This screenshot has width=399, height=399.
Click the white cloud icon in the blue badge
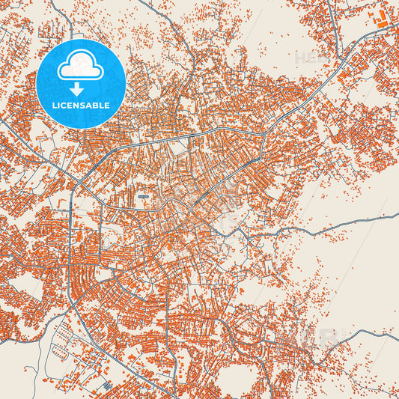pyautogui.click(x=80, y=67)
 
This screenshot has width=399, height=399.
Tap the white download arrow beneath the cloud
pyautogui.click(x=80, y=88)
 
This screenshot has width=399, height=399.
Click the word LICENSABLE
pyautogui.click(x=80, y=105)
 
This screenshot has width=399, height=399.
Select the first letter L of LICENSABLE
pyautogui.click(x=55, y=105)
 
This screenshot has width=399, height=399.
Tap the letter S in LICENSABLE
pyautogui.click(x=84, y=105)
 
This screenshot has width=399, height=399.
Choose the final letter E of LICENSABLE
pyautogui.click(x=107, y=105)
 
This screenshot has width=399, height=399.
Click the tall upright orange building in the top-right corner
pyautogui.click(x=377, y=14)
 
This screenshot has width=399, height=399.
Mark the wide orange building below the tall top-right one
pyautogui.click(x=383, y=26)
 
